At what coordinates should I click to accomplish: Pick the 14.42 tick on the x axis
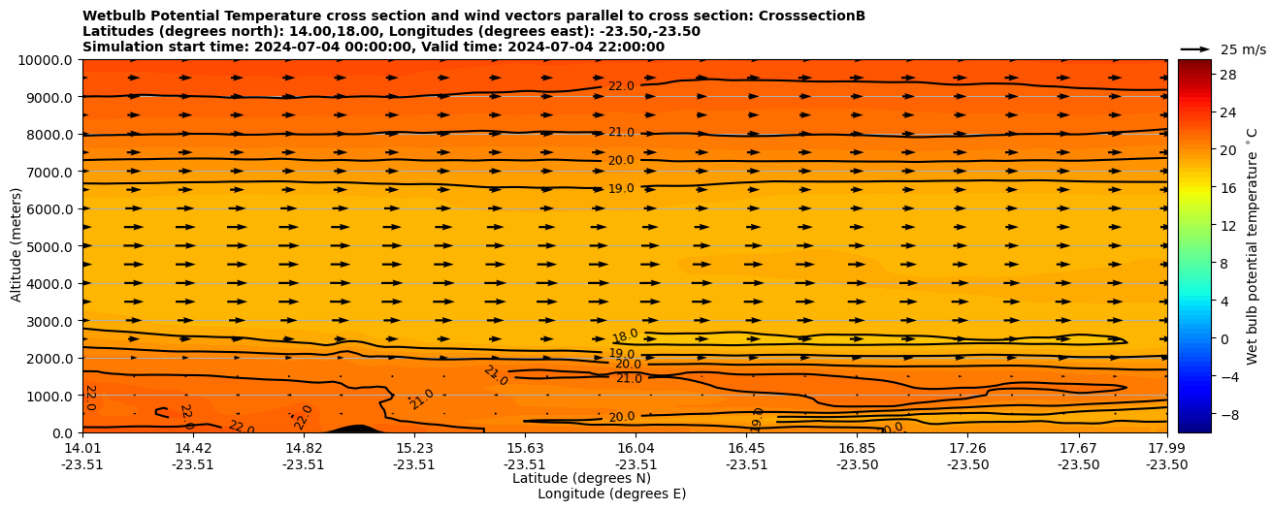coord(193,448)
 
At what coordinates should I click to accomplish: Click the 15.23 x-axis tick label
coord(414,448)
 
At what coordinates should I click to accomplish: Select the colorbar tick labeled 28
coord(1226,75)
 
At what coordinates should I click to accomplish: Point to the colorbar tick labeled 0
coord(1223,339)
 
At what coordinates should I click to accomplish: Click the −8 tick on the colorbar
coord(1226,414)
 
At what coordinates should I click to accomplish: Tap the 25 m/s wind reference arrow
coord(1194,49)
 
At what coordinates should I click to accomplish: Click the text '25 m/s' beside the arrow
coord(1243,49)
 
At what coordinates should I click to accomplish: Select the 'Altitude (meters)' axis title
coord(16,246)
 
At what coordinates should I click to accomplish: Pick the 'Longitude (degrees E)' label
coord(611,494)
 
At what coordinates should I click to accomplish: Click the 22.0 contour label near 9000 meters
coord(621,86)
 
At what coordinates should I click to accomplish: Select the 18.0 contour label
coord(625,336)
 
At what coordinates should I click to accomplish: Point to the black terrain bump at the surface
coord(354,428)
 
